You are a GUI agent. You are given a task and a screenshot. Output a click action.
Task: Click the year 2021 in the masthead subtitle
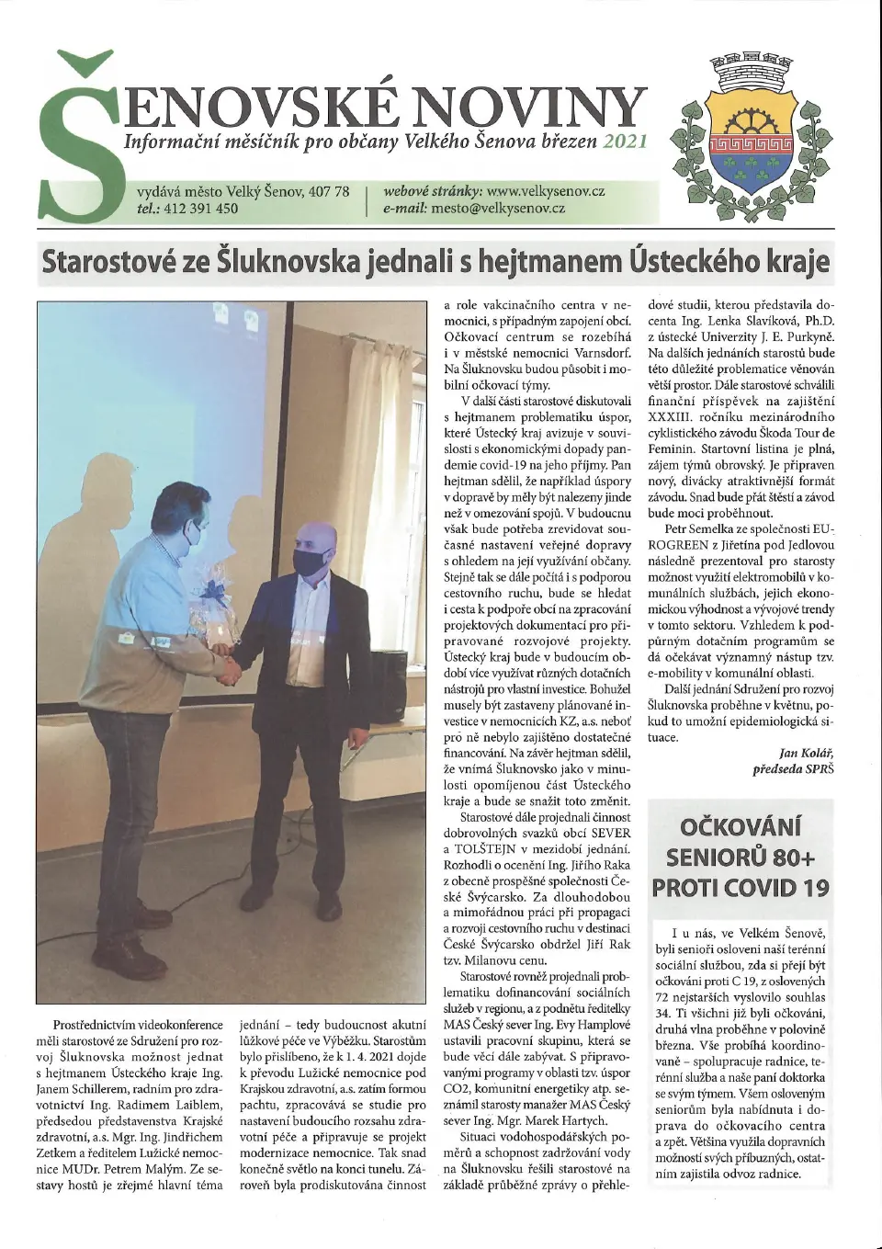[x=625, y=142]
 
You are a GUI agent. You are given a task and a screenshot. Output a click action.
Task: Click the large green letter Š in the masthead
[x=77, y=138]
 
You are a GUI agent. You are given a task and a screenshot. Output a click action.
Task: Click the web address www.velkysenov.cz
[x=545, y=191]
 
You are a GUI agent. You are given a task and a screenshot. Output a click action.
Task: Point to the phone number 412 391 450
[x=200, y=208]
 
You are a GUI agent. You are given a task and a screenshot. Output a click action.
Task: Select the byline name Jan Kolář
[x=806, y=753]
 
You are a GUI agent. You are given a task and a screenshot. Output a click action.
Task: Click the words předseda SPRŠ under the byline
[x=793, y=769]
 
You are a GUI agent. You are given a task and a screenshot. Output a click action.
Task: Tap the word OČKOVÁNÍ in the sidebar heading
[x=741, y=826]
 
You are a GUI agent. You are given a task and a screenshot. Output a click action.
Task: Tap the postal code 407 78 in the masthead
[x=329, y=191]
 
